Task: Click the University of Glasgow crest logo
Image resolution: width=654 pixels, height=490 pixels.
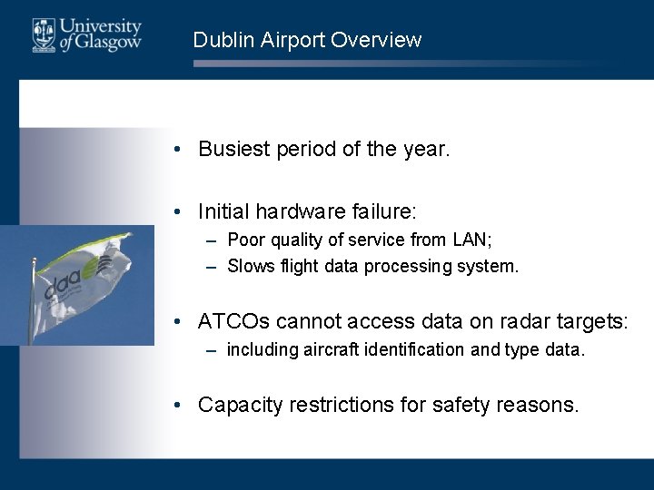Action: pos(43,34)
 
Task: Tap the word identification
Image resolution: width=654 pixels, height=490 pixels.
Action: pos(393,349)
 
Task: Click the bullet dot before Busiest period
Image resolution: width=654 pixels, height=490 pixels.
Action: pos(183,150)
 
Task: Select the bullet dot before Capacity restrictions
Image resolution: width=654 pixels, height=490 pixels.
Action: pos(183,405)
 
